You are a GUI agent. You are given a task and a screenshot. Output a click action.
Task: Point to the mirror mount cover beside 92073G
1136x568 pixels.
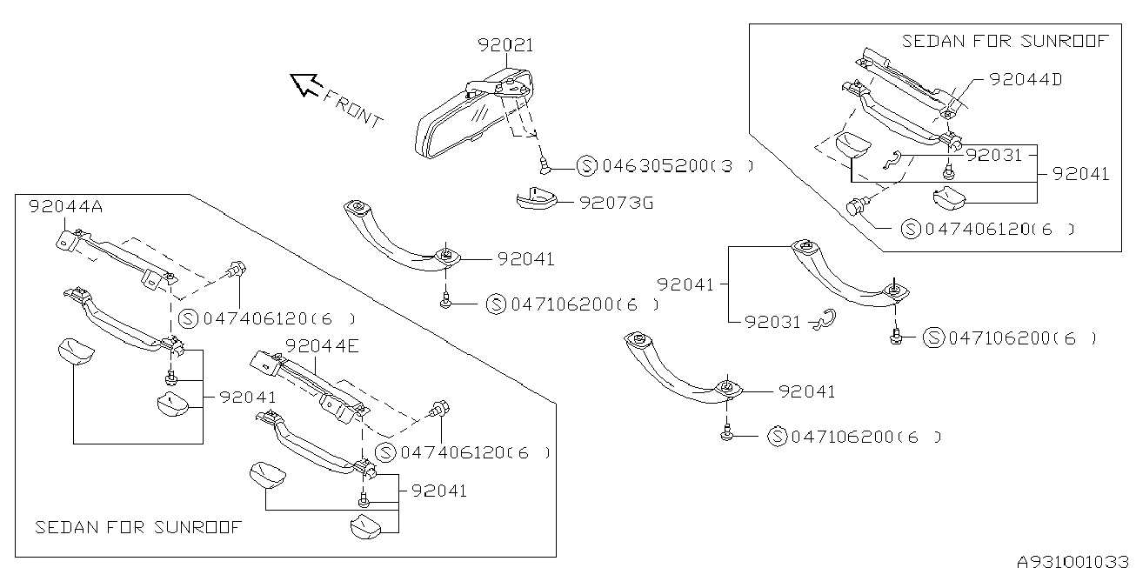click(x=539, y=201)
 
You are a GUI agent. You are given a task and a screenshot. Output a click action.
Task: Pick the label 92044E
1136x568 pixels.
click(x=321, y=346)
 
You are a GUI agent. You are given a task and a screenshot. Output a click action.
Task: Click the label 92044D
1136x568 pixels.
click(x=1026, y=79)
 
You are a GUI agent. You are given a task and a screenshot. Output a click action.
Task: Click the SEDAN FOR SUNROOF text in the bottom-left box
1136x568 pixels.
click(x=137, y=527)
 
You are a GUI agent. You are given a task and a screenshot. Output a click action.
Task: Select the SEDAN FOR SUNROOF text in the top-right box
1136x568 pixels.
click(x=1006, y=41)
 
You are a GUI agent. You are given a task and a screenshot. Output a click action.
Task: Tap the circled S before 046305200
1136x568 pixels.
click(x=587, y=165)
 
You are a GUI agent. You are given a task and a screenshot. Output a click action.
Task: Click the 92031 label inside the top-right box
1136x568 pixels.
click(x=993, y=154)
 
